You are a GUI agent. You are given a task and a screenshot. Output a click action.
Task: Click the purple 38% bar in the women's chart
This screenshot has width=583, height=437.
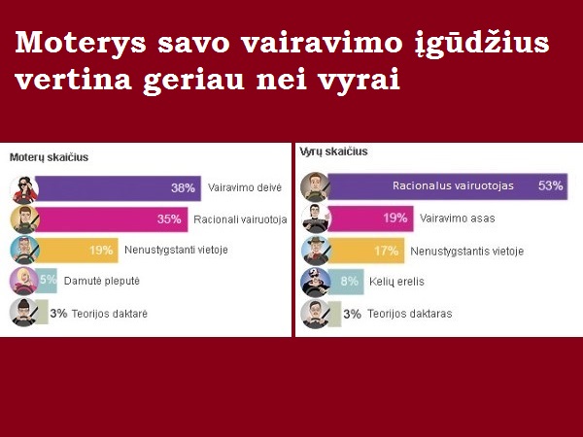[119, 188]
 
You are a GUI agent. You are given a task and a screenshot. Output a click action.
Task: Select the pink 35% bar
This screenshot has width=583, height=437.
[112, 219]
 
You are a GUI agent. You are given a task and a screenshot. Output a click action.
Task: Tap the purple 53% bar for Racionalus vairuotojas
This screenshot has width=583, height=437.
[448, 186]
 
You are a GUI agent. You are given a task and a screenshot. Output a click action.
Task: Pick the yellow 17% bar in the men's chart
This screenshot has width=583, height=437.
[366, 251]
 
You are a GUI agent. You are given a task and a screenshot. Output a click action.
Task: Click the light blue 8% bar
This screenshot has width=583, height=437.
[346, 282]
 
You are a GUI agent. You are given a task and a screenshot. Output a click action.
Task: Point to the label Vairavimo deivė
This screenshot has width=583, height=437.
[245, 187]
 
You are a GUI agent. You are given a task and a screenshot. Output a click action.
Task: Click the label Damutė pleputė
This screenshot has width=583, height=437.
[102, 281]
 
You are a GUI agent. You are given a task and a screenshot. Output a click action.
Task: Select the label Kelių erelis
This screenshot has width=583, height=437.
[396, 282]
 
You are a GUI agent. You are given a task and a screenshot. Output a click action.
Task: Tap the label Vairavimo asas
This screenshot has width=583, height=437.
[458, 218]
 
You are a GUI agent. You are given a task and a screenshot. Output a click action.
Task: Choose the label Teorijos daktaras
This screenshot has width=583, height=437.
[410, 314]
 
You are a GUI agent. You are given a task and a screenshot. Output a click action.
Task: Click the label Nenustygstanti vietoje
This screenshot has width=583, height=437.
[176, 250]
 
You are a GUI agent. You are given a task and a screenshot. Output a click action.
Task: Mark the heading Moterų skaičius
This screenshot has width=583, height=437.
[50, 157]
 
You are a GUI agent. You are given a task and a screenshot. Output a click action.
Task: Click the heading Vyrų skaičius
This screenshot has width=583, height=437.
[333, 151]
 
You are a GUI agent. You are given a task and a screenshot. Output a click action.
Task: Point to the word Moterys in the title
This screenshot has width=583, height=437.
[81, 43]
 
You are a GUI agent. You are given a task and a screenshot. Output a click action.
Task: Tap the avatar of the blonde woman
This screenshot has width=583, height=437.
[23, 282]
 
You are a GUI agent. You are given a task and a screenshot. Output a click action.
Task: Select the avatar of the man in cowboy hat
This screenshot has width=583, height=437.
[316, 251]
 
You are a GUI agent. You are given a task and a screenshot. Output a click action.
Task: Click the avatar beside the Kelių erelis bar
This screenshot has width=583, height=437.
[316, 282]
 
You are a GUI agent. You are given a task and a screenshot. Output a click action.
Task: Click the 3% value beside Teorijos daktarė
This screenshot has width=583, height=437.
[58, 314]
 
